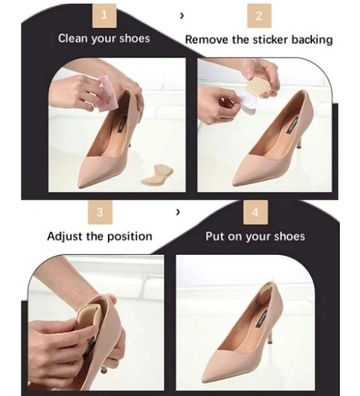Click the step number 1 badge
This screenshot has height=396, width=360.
tap(104, 16)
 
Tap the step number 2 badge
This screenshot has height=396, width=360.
tap(259, 16)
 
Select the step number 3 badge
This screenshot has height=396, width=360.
tap(100, 212)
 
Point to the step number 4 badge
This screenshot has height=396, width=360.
tap(256, 212)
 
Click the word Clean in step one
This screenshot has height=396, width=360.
tap(73, 38)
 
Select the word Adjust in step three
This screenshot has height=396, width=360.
tap(65, 237)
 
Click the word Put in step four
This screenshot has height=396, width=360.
tap(215, 236)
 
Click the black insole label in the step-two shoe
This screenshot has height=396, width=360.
tap(292, 126)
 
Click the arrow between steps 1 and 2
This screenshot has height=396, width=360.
tap(181, 16)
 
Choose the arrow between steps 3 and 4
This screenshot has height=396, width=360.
tap(179, 212)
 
